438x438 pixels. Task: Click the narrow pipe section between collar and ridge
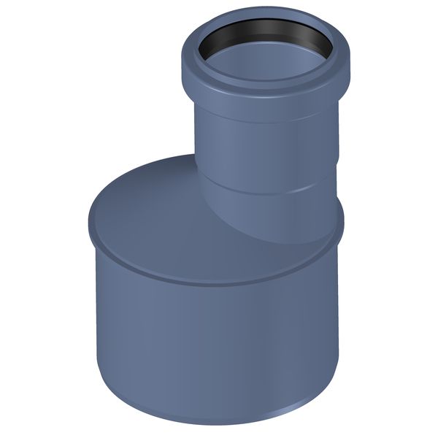point(270,153)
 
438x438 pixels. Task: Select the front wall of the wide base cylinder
point(212,343)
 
